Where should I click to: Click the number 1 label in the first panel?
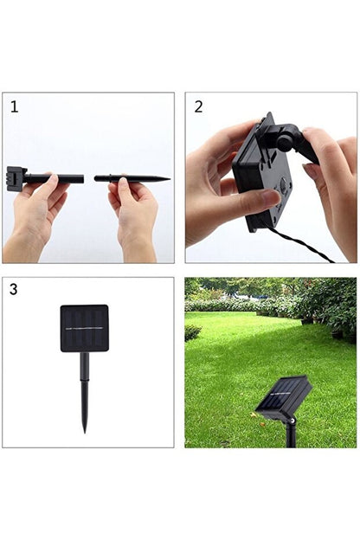point(14,106)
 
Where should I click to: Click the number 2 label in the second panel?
point(198,106)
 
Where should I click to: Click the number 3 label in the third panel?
point(14,290)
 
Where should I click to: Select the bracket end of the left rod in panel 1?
point(17,177)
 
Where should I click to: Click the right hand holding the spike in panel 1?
point(134,212)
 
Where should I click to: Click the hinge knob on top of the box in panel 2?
point(286,136)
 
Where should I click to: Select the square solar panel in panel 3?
point(84,328)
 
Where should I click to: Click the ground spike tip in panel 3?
point(85,427)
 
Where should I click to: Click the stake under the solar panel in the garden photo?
point(291,433)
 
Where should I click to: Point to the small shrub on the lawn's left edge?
point(192,332)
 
